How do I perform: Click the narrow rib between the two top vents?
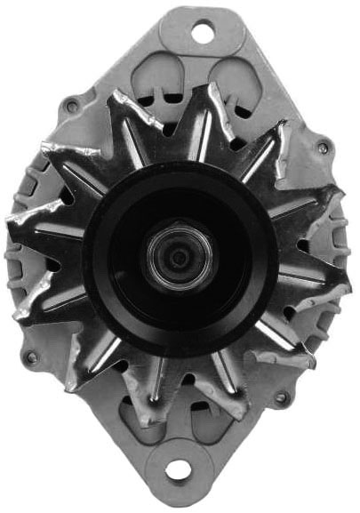pos(197,76)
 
